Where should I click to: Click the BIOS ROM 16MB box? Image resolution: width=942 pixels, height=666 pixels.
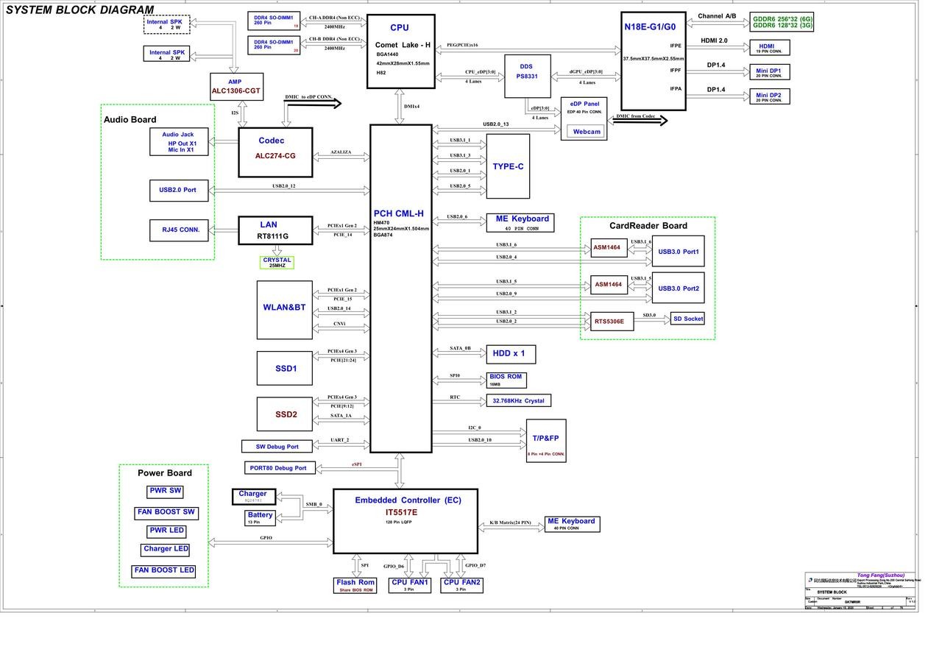pos(506,380)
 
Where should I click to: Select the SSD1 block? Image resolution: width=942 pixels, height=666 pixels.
pos(284,368)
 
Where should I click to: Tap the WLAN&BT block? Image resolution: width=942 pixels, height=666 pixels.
pos(284,309)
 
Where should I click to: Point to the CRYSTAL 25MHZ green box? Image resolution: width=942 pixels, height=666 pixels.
pos(277,262)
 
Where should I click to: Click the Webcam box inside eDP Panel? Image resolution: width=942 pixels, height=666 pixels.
pos(587,132)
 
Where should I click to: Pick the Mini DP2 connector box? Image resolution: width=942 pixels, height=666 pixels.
pos(769,96)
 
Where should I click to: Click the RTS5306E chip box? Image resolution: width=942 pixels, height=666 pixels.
pos(611,321)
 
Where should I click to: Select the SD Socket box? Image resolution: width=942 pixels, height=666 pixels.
pos(687,319)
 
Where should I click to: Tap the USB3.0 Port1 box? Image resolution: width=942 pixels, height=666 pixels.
pos(678,252)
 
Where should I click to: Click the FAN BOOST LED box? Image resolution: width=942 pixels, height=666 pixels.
pos(164,570)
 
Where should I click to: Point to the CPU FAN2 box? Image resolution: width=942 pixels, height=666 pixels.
pos(461,584)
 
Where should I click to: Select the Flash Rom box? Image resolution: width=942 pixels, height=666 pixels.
pos(355,585)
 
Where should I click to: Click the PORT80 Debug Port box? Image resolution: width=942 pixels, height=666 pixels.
pos(280,467)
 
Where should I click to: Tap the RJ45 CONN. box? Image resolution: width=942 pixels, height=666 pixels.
pos(179,230)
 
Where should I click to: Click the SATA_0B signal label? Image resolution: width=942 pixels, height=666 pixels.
pos(461,349)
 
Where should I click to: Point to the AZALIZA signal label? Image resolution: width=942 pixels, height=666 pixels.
pos(341,152)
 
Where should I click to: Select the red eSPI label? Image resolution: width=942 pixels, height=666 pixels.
pos(357,464)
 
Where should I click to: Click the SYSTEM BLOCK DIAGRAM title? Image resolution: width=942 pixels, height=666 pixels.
pos(79,10)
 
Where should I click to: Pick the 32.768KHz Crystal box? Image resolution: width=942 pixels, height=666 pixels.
pos(518,400)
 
